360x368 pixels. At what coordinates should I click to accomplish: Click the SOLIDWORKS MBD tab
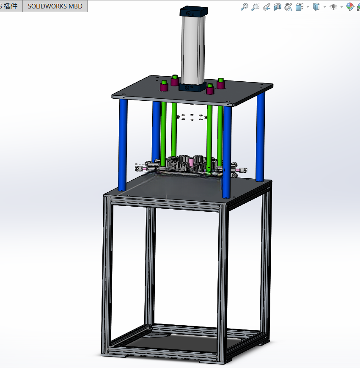55,6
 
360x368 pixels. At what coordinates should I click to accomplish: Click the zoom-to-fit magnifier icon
245,7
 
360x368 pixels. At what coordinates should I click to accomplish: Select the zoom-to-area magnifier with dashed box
255,7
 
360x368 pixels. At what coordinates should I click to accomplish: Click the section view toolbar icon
278,7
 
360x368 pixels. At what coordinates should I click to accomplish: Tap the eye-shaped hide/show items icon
333,7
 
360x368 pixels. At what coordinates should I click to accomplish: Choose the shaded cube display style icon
316,7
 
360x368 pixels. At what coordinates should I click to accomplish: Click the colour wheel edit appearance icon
350,7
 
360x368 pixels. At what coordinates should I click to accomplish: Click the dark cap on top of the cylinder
194,12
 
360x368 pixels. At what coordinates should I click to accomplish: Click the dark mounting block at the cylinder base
192,87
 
